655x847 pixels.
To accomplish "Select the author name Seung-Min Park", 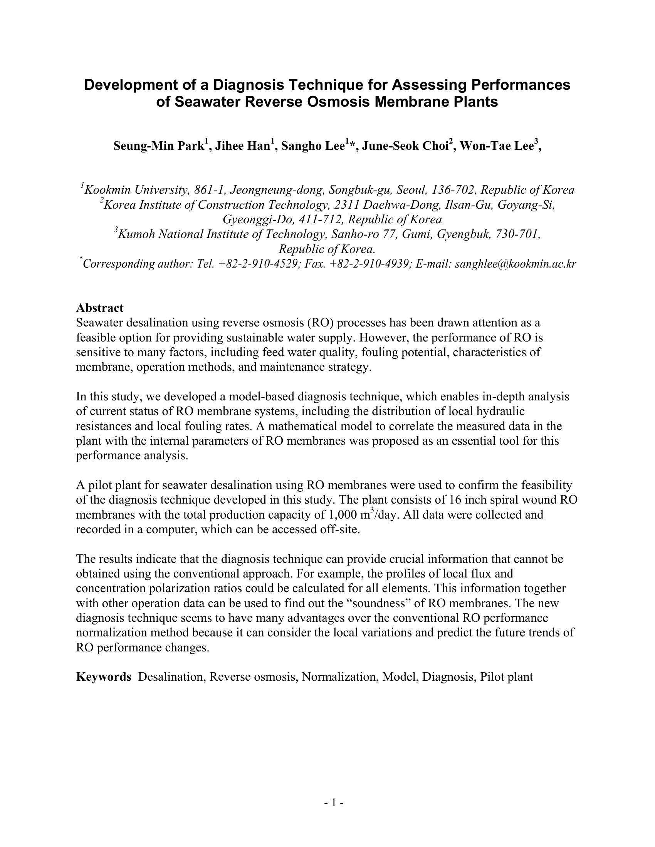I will [159, 146].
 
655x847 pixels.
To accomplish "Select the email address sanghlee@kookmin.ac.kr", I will [515, 264].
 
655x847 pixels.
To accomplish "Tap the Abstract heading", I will [100, 308].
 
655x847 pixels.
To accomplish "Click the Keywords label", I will [104, 677].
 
